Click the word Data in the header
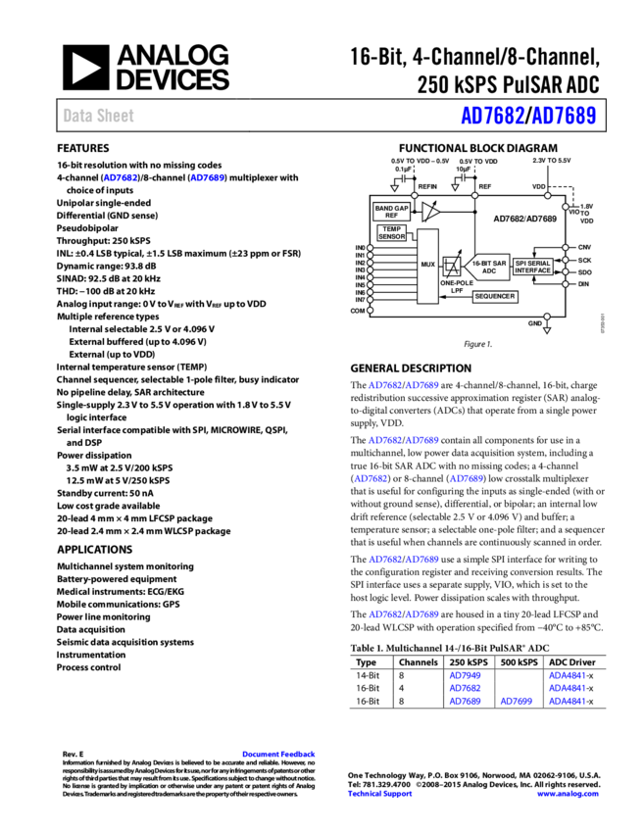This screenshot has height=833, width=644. (x=78, y=116)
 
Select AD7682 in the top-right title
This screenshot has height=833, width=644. (x=493, y=116)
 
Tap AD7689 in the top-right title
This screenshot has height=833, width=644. (x=564, y=116)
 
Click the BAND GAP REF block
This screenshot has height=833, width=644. (x=392, y=212)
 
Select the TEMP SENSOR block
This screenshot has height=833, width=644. (x=392, y=233)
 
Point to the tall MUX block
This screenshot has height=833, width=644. (x=427, y=266)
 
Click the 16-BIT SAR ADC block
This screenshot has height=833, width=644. (x=487, y=267)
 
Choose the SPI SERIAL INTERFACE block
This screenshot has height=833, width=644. (x=533, y=267)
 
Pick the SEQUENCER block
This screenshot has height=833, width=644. (x=495, y=296)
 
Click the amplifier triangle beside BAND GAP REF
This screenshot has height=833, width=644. (x=429, y=212)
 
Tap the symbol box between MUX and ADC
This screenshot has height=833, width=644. (x=452, y=267)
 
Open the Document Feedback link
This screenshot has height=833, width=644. (x=278, y=754)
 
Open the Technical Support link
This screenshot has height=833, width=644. (x=379, y=794)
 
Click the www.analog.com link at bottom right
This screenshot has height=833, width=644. (x=568, y=794)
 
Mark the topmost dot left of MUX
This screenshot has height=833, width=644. (x=370, y=248)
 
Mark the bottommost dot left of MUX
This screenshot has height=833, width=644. (x=370, y=311)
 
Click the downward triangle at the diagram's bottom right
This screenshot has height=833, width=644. (x=547, y=330)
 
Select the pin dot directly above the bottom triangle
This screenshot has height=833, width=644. (x=547, y=317)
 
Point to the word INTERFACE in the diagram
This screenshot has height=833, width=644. (x=533, y=270)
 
